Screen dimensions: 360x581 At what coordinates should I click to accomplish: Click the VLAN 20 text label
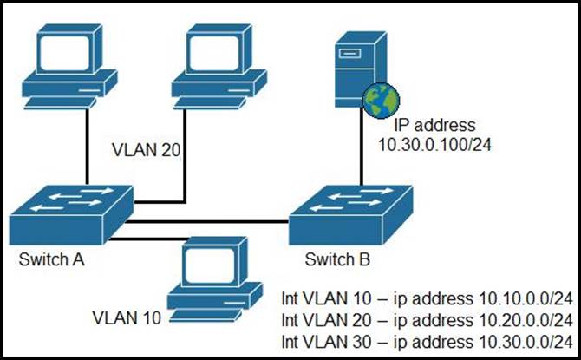[x=146, y=150]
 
